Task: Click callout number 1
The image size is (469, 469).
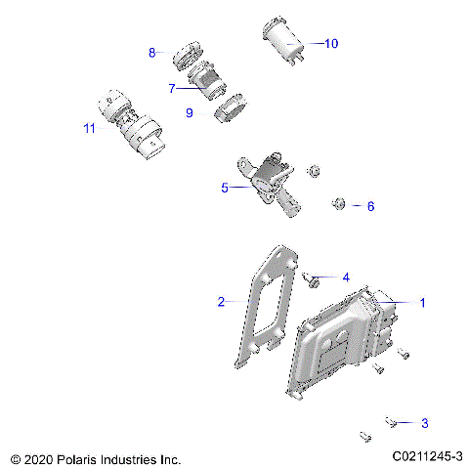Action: [422, 303]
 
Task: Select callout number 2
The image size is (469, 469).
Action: [221, 301]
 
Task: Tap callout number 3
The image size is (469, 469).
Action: [423, 423]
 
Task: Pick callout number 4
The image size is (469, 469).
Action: [345, 277]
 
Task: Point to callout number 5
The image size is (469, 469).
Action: [224, 187]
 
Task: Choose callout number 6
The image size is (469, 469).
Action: [369, 206]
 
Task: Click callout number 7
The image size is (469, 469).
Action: [171, 88]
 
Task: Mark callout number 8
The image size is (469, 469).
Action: [152, 53]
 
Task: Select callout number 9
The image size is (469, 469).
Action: [189, 113]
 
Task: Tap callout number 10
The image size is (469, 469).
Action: [330, 43]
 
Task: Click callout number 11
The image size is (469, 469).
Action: [89, 127]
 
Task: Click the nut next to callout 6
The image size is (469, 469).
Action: [338, 203]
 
